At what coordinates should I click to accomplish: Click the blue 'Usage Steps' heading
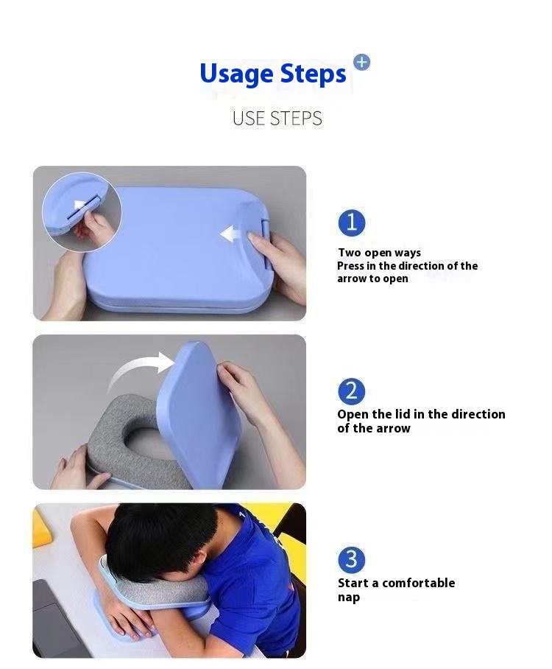[272, 74]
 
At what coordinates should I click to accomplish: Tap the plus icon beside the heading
[361, 62]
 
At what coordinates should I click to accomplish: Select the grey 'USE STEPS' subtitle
[277, 118]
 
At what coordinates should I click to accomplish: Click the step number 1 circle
[351, 223]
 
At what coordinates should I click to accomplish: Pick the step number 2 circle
[351, 391]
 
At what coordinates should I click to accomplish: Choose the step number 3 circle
[351, 560]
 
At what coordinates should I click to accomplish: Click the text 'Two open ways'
[379, 253]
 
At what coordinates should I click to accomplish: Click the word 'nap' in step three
[349, 597]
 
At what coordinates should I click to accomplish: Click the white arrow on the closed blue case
[233, 234]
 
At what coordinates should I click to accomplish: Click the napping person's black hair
[162, 542]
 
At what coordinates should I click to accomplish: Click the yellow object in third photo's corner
[41, 528]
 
